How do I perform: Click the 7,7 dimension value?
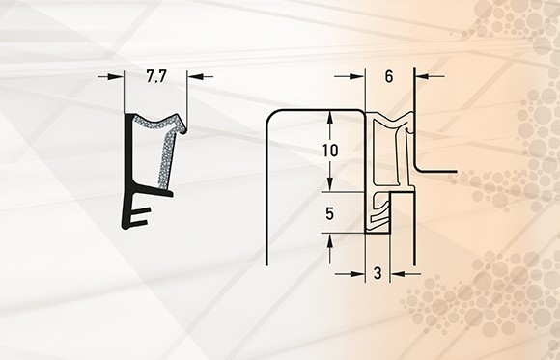[x=156, y=76]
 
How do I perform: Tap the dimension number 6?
[x=389, y=76]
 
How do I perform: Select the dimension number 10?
[x=330, y=151]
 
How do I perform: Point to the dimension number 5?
[x=329, y=213]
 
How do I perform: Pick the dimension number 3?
[x=378, y=273]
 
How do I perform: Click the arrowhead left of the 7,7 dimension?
[x=117, y=76]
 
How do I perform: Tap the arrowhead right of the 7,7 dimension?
[x=195, y=76]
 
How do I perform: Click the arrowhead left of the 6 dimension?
[x=358, y=76]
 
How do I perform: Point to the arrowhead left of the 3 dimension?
[x=358, y=274]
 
